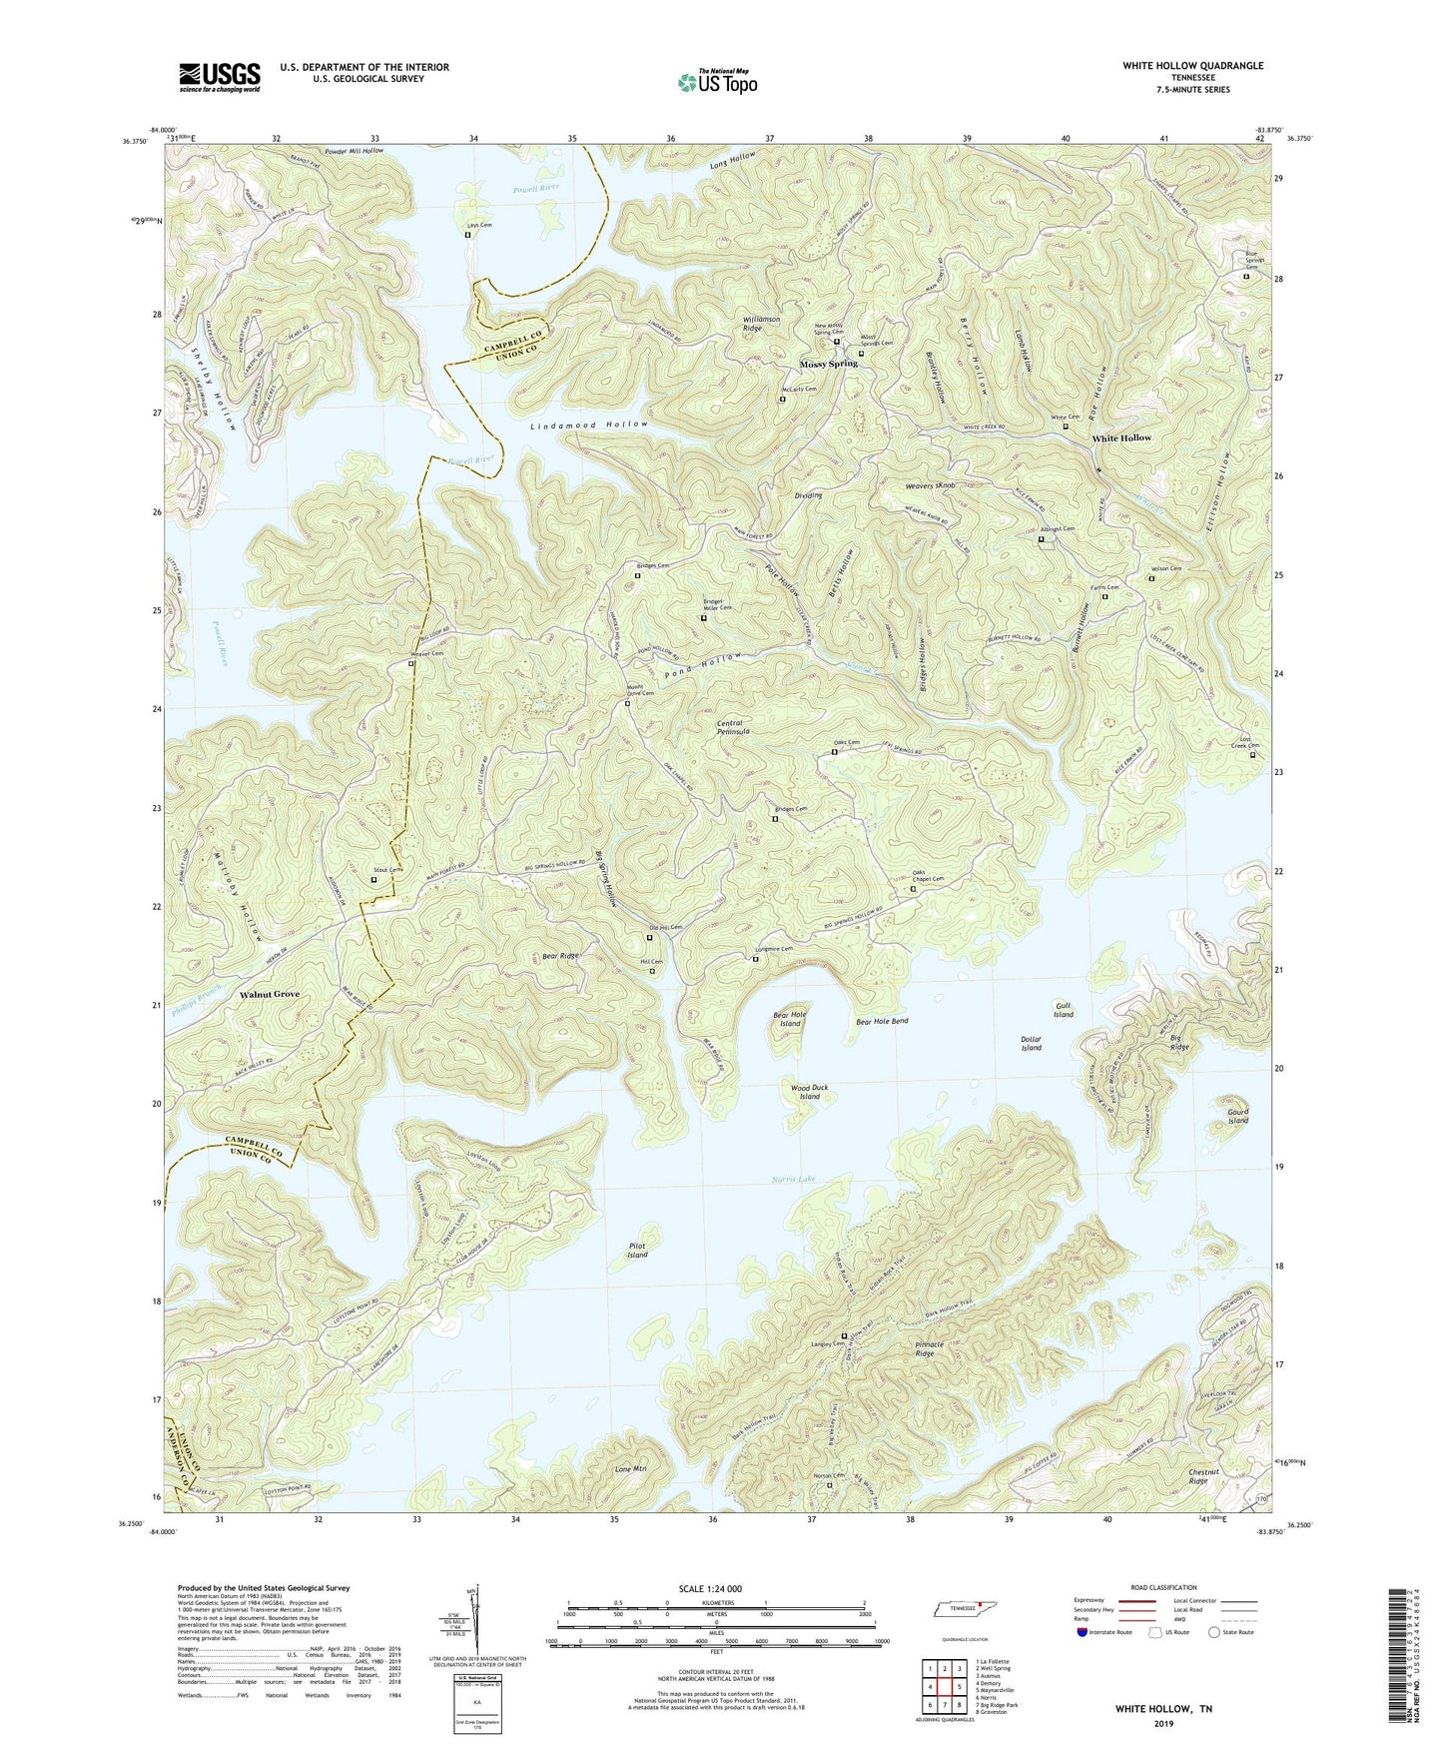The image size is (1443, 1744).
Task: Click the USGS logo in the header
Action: [x=219, y=77]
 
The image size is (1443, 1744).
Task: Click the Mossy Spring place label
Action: [x=828, y=364]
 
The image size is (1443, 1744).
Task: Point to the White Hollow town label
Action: [x=1120, y=437]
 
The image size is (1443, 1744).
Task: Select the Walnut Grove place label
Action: [x=269, y=995]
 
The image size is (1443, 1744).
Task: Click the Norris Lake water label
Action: [x=793, y=1180]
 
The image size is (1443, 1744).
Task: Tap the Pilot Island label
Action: [x=637, y=1250]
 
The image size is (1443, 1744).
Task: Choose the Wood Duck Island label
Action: [x=809, y=1092]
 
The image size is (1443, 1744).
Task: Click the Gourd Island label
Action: [x=1237, y=1116]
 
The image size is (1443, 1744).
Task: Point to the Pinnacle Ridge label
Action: [x=924, y=1348]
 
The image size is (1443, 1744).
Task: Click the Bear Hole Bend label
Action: [x=882, y=1022]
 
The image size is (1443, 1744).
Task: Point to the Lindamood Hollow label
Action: [x=588, y=425]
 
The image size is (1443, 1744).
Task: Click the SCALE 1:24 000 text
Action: [x=716, y=1589]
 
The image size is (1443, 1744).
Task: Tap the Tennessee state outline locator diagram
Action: [x=964, y=1611]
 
